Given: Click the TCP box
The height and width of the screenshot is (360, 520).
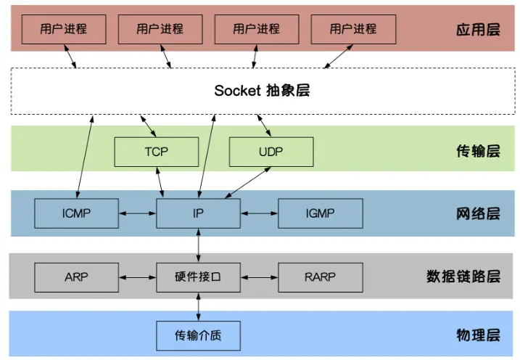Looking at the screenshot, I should click(x=156, y=152).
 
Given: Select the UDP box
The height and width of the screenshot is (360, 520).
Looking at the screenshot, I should click(x=271, y=152).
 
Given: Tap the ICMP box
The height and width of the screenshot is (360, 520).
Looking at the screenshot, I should click(x=76, y=213).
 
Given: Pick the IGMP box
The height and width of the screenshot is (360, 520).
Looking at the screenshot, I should click(x=320, y=213).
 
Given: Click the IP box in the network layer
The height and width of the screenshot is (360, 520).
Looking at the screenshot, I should click(x=198, y=213).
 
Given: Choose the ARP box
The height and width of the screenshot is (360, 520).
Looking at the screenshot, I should click(x=76, y=277).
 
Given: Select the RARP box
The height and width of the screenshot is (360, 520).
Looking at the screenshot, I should click(x=320, y=277).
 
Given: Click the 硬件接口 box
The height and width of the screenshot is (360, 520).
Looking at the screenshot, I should click(x=198, y=277).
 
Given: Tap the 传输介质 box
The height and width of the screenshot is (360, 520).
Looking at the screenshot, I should click(x=198, y=335).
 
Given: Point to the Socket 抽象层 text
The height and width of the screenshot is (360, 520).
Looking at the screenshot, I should click(x=262, y=91).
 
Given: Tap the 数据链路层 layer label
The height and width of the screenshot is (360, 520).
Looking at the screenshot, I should click(x=463, y=277).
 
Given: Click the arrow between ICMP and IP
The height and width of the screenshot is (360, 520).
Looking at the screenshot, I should click(x=137, y=213).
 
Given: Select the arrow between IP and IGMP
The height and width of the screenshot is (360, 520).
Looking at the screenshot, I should click(x=259, y=213).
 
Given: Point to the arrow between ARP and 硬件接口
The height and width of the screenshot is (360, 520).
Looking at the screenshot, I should click(x=137, y=277).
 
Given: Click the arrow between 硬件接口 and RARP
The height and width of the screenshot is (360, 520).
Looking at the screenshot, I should click(x=259, y=277).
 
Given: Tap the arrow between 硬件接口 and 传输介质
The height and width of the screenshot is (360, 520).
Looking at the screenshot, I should click(x=198, y=306).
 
